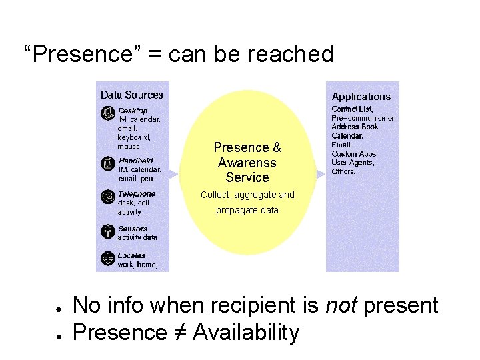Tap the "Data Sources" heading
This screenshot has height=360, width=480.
coord(131,95)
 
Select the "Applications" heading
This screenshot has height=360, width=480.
coord(361,97)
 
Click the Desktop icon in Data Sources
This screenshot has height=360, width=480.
coord(107,113)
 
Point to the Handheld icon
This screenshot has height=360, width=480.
coord(107,163)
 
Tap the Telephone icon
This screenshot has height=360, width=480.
coord(107,197)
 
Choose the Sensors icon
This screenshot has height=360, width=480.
coord(107,231)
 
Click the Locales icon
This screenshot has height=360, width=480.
coord(107,259)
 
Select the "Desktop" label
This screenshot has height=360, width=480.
coord(133,111)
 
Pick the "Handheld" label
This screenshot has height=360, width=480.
coord(135,161)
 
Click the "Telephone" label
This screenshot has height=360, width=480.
coord(137,194)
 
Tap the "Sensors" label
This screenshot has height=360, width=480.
coord(133,229)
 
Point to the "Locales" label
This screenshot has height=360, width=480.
coord(131,255)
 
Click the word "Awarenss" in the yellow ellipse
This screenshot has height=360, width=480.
coord(247,163)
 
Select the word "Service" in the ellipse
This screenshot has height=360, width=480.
coord(247,177)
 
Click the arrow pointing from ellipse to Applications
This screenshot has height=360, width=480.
coord(321,174)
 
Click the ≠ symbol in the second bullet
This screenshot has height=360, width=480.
coord(177,331)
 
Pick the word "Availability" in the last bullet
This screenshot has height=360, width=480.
coord(246,331)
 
